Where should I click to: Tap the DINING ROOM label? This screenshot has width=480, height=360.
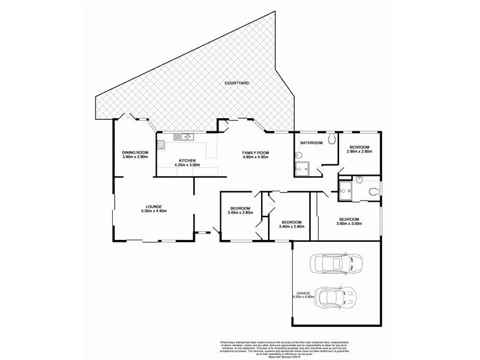click(x=135, y=152)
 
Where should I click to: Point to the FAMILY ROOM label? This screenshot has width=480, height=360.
click(x=256, y=152)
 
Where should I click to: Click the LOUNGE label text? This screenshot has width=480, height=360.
click(x=153, y=206)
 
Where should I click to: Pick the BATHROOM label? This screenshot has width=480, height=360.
click(x=311, y=143)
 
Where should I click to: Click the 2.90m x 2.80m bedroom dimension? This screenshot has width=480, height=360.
click(x=360, y=152)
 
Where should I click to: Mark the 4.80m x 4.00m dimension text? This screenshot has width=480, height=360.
click(x=256, y=158)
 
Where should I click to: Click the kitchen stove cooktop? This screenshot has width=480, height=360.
click(x=161, y=144)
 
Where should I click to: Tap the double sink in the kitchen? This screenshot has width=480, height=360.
click(x=187, y=137)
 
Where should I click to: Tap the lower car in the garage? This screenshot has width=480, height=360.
click(x=337, y=296)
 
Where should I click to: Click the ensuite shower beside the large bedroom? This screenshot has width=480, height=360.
click(x=346, y=191)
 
